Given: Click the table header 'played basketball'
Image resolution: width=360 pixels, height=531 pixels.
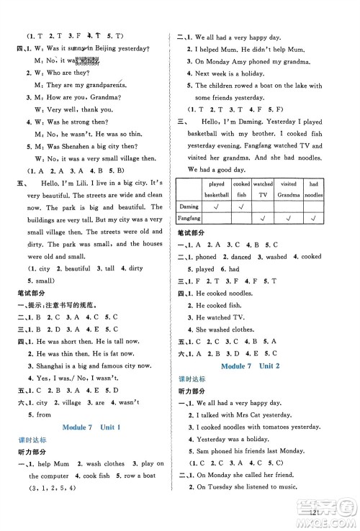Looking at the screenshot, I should coord(215,189).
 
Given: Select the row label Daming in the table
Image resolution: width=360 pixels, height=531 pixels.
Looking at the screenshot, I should coord(189,206).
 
